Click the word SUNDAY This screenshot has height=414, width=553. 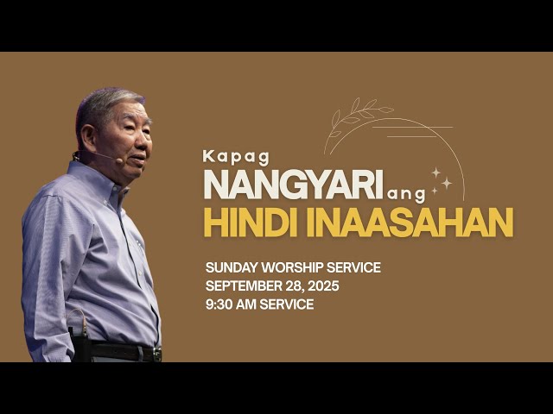point(229,268)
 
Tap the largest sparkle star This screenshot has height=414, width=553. point(447,183)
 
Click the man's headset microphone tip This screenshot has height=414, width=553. point(118,160)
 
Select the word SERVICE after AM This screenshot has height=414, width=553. point(290,304)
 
